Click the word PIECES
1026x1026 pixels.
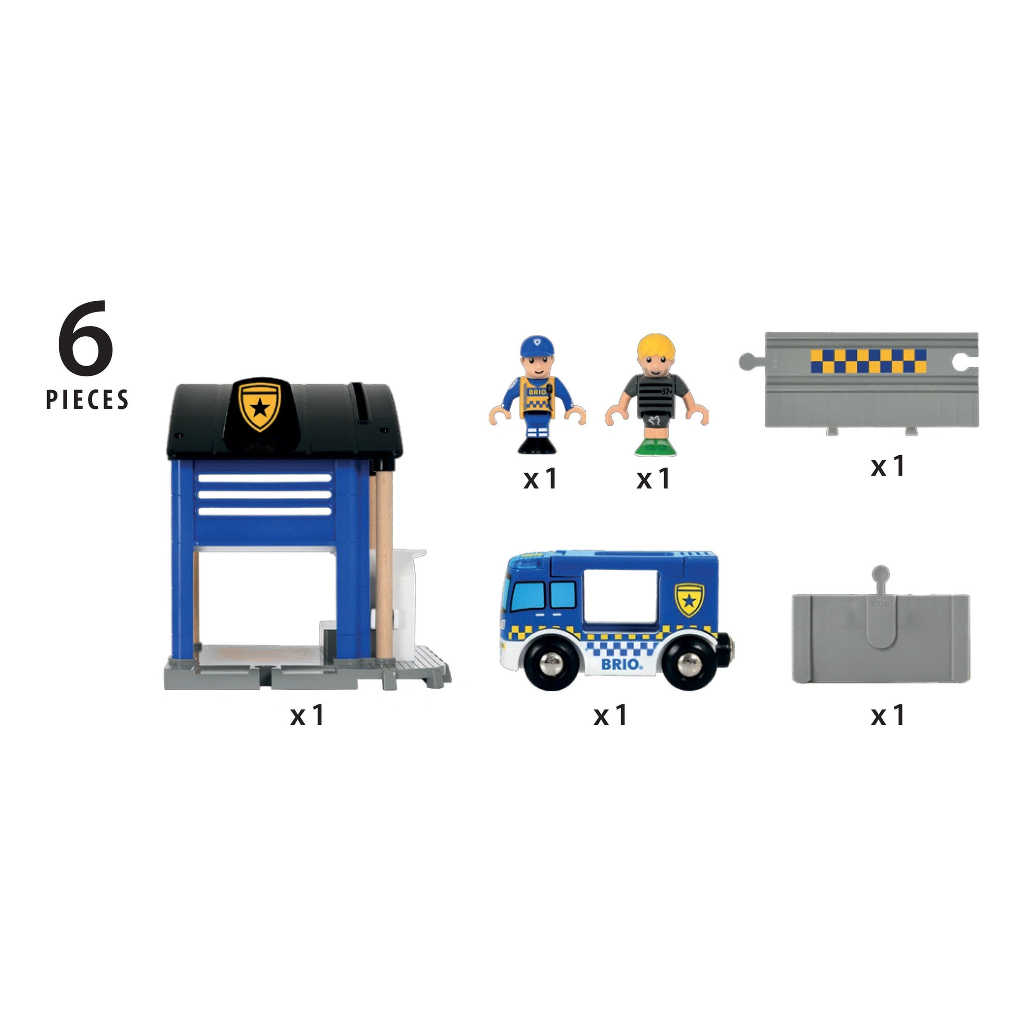87,400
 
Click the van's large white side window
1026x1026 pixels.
620,598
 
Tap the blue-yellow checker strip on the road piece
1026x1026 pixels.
868,361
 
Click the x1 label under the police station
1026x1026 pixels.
307,716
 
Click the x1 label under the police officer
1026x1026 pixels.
540,479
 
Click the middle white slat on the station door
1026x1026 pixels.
264,495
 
